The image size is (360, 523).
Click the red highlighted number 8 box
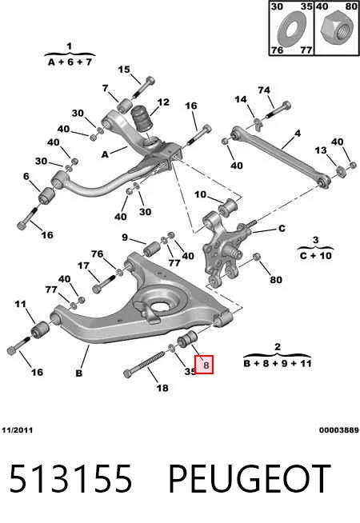[x=204, y=365]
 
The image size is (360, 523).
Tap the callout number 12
[x=163, y=102]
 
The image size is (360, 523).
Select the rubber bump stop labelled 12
[x=142, y=118]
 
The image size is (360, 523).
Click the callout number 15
[x=124, y=70]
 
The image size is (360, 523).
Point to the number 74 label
[x=264, y=90]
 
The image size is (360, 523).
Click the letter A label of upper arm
[x=105, y=154]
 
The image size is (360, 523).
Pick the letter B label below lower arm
[x=79, y=373]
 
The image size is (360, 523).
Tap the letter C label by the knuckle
[x=282, y=229]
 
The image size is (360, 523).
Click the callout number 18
[x=162, y=388]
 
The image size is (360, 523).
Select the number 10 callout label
[x=201, y=194]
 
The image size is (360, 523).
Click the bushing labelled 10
[x=227, y=207]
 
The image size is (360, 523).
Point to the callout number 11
[x=20, y=304]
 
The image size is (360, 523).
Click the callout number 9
[x=125, y=238]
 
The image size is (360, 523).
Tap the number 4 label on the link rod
[x=298, y=134]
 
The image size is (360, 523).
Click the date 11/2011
[x=17, y=429]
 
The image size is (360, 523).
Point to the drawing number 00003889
[x=339, y=430]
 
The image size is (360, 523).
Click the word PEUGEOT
[x=250, y=478]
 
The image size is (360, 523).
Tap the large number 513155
[x=70, y=478]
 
